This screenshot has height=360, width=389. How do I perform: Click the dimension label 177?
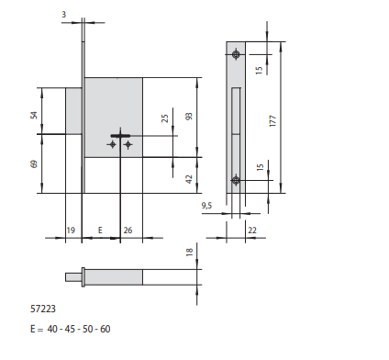tap(273, 121)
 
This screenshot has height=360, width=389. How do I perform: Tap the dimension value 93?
tap(189, 117)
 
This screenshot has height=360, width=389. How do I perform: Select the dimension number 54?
tap(34, 115)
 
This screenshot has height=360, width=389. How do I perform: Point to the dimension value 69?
tap(34, 163)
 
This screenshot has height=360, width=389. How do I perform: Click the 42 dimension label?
tap(189, 179)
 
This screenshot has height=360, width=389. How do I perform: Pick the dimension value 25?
tap(164, 118)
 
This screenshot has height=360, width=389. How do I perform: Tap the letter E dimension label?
tap(100, 231)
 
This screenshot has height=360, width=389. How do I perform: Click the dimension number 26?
tap(128, 231)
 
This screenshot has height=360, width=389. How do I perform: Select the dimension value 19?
tap(71, 231)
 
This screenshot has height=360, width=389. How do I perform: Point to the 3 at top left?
tap(63, 15)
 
